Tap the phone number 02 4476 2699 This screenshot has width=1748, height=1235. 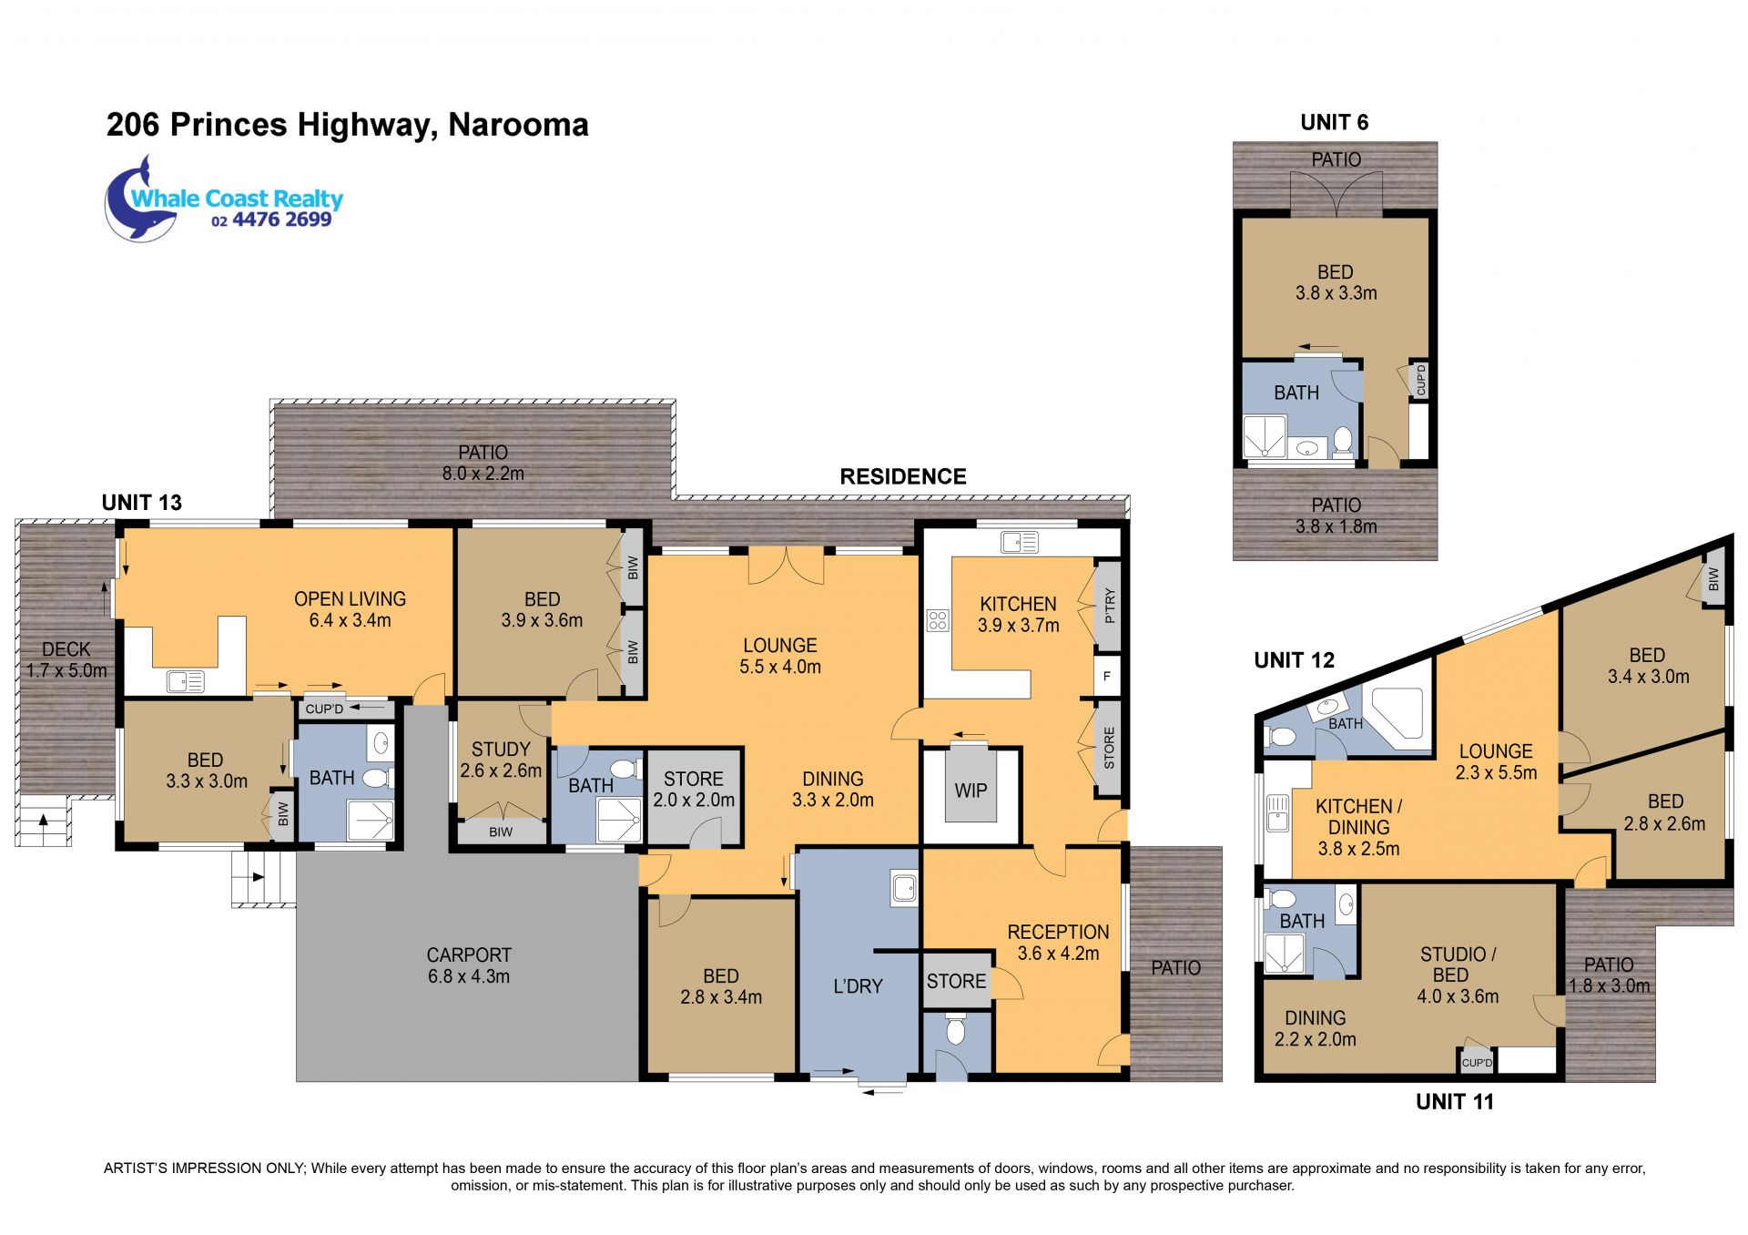pyautogui.click(x=271, y=219)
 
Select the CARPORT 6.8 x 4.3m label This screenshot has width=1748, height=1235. pyautogui.click(x=469, y=965)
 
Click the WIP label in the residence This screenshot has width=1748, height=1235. pyautogui.click(x=971, y=791)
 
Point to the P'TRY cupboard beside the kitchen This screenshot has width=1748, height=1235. pyautogui.click(x=1108, y=605)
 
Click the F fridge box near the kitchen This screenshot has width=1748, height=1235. pyautogui.click(x=1107, y=677)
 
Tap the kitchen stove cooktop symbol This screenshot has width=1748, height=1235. pyautogui.click(x=938, y=620)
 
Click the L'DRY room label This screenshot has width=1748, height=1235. pyautogui.click(x=858, y=986)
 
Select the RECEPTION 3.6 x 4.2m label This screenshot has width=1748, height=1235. pyautogui.click(x=1058, y=943)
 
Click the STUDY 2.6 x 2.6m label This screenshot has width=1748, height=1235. pyautogui.click(x=501, y=760)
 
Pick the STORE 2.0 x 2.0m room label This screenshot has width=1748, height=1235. pyautogui.click(x=694, y=790)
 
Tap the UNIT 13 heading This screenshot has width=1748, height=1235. pyautogui.click(x=142, y=503)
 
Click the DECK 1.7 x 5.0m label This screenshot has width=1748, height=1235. pyautogui.click(x=66, y=659)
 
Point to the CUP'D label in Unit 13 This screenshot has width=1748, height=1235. pyautogui.click(x=324, y=709)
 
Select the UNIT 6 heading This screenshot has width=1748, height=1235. pyautogui.click(x=1335, y=122)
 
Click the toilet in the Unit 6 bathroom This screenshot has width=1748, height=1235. pyautogui.click(x=1343, y=442)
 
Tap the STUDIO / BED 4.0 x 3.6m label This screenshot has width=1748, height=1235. pyautogui.click(x=1458, y=975)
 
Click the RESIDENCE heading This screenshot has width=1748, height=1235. pyautogui.click(x=903, y=476)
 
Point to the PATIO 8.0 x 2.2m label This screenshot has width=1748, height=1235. pyautogui.click(x=483, y=463)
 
